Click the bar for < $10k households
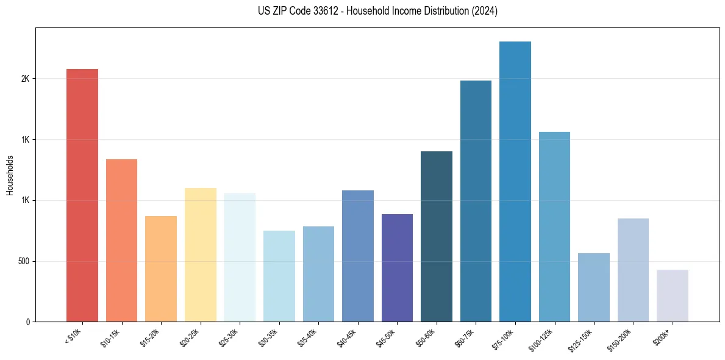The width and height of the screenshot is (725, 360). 82,195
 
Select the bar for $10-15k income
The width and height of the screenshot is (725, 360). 121,240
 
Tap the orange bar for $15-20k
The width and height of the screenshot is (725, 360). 161,268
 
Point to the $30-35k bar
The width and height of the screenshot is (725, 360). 279,276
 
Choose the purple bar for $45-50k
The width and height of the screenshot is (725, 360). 397,268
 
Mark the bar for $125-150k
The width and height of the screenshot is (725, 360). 594,287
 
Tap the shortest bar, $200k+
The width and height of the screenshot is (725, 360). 673,295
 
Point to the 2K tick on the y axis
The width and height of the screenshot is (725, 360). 26,79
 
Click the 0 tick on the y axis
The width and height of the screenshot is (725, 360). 28,322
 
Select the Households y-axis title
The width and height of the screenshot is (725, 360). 10,175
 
